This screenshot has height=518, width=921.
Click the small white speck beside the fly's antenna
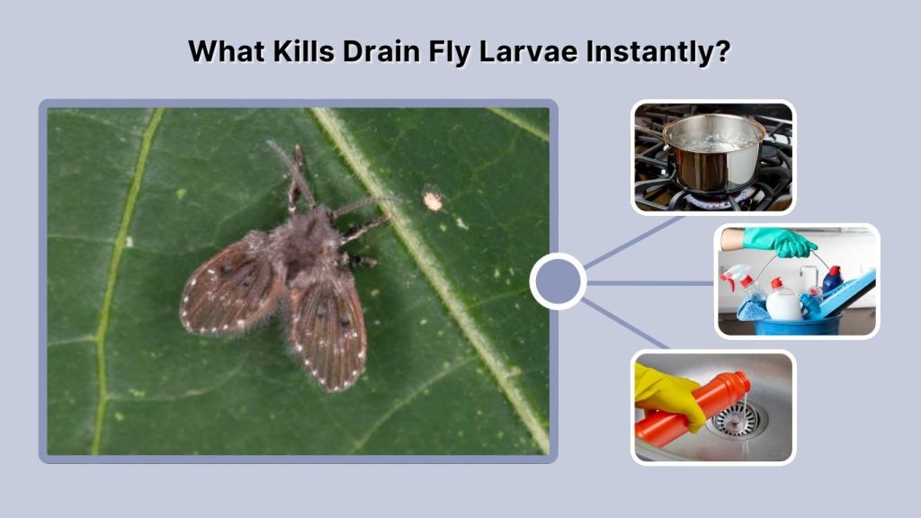pos(434,201)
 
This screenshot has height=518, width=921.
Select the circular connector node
pos(558,281)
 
